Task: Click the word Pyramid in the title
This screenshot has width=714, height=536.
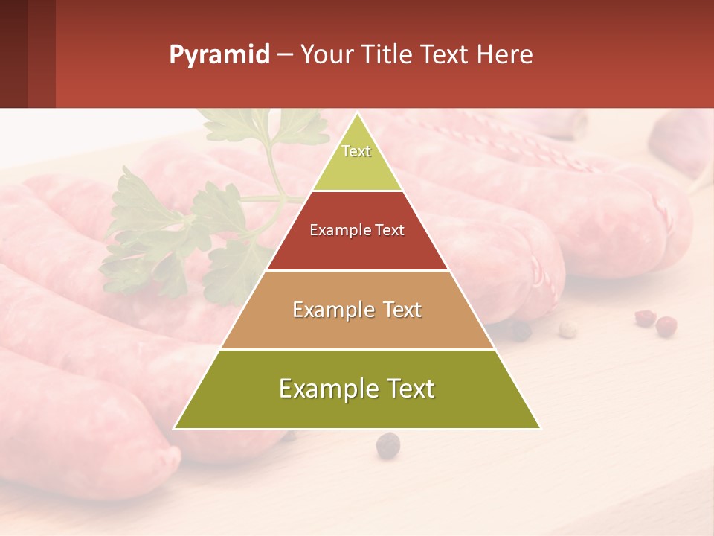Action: [219, 55]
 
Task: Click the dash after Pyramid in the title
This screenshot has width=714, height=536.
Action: [285, 55]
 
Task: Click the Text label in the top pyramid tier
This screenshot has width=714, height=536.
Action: [356, 151]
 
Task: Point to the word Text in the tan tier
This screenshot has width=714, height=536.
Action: [402, 310]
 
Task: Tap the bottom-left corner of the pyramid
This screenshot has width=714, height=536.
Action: [175, 428]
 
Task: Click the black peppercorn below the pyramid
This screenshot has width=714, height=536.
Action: [387, 445]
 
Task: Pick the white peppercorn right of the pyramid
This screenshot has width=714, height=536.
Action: [567, 328]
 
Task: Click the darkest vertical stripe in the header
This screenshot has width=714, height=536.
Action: [13, 54]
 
